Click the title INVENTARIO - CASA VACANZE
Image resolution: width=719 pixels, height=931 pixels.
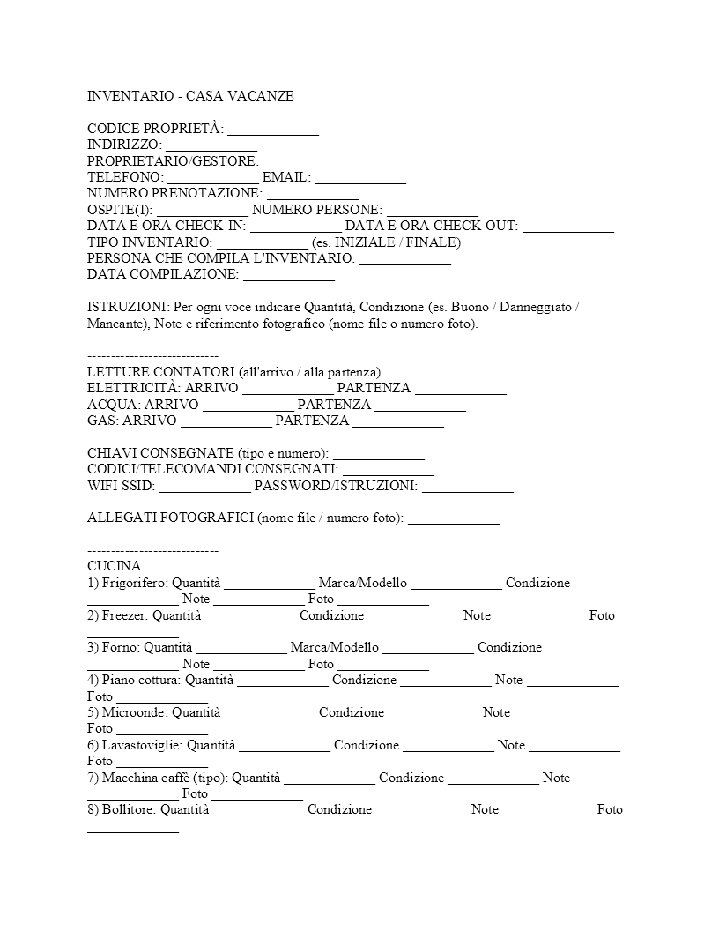[190, 95]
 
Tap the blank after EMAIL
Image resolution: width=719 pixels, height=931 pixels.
[360, 177]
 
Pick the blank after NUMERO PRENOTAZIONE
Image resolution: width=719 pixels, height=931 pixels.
[313, 193]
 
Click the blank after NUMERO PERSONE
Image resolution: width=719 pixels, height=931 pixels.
[433, 210]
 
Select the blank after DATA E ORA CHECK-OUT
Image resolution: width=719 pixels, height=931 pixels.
[568, 226]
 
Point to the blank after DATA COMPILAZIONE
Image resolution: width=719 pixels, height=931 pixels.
[289, 274]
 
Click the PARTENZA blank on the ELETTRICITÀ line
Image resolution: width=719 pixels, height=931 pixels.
[461, 388]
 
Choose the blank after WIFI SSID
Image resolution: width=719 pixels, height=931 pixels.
[205, 486]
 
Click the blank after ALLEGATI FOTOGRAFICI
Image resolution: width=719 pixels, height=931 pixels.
[454, 518]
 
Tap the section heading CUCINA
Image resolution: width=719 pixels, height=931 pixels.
[114, 566]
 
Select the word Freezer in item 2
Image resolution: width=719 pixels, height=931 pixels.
[124, 615]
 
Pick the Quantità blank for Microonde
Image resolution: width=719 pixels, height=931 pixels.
[270, 712]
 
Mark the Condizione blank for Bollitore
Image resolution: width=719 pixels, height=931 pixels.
[422, 809]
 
